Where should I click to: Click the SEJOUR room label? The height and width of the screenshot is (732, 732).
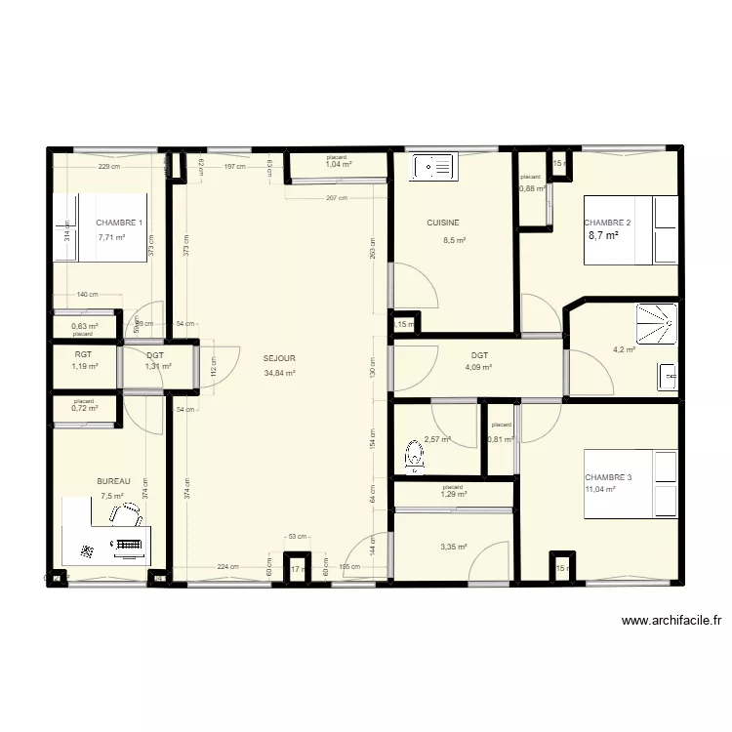pyautogui.click(x=279, y=358)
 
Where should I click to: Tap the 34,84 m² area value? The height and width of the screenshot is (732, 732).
pyautogui.click(x=279, y=372)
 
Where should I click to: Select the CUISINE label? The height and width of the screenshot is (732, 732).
pyautogui.click(x=442, y=223)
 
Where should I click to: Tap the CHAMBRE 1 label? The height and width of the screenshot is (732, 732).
pyautogui.click(x=119, y=223)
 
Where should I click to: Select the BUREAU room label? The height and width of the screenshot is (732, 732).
pyautogui.click(x=113, y=481)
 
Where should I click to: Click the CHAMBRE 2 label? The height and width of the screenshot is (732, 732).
pyautogui.click(x=607, y=223)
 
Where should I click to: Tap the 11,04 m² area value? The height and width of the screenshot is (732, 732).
pyautogui.click(x=600, y=489)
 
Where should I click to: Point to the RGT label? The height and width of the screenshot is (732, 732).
pyautogui.click(x=83, y=355)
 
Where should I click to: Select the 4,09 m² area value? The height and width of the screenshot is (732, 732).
pyautogui.click(x=478, y=368)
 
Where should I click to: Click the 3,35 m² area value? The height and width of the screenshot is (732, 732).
pyautogui.click(x=454, y=547)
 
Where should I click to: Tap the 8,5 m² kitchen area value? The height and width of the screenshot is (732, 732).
pyautogui.click(x=455, y=240)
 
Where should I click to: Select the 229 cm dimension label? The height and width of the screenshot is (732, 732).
pyautogui.click(x=108, y=166)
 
